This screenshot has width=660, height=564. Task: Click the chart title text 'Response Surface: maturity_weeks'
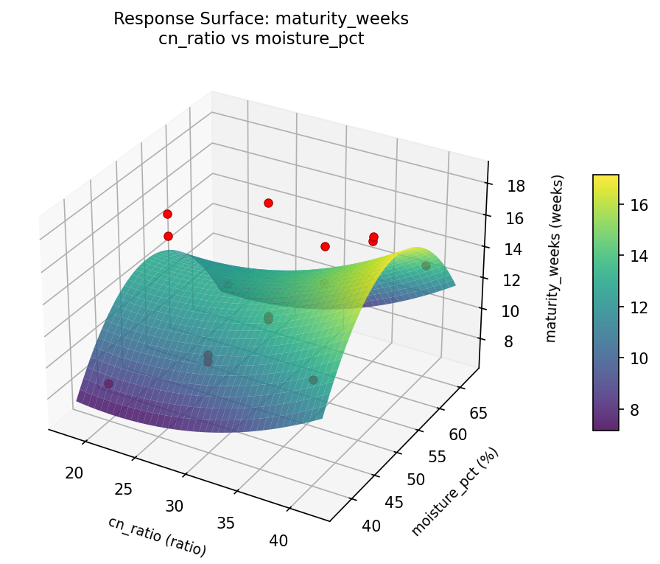261,19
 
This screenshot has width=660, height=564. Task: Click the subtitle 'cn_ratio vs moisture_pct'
261,38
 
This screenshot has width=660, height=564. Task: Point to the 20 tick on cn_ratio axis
74,473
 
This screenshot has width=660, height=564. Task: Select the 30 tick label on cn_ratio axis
174,506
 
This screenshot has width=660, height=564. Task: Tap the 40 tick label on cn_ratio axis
278,540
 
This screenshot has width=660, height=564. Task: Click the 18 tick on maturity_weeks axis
516,186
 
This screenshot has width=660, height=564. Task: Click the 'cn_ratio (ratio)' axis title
157,536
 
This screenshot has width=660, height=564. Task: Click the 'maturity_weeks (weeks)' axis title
558,258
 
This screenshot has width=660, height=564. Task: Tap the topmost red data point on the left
167,214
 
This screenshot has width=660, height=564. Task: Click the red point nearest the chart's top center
268,203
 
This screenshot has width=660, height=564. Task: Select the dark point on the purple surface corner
108,383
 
